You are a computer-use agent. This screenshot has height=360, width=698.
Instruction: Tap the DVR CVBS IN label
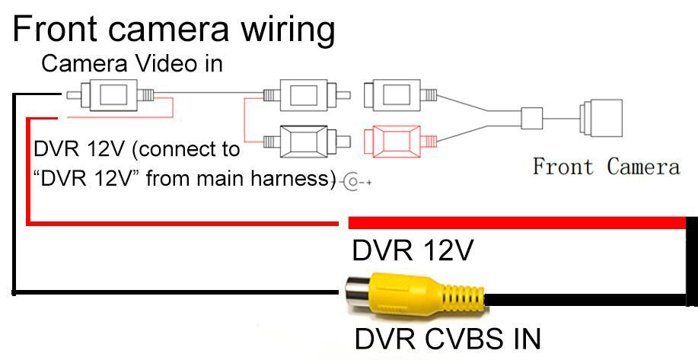tap(448, 338)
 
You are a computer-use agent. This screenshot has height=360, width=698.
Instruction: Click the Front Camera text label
tap(605, 167)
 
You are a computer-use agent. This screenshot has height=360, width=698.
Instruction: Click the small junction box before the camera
tap(531, 117)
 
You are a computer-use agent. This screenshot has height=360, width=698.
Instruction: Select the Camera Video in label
tap(132, 64)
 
